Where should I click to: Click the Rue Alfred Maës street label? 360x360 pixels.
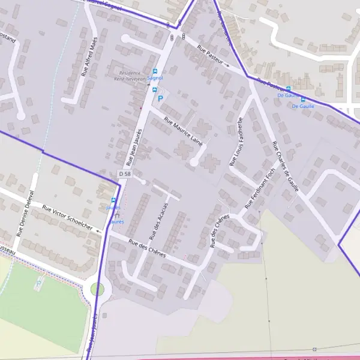pyautogui.click(x=89, y=56)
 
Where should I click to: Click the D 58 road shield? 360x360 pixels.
pyautogui.click(x=124, y=173)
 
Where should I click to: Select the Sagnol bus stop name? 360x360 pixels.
pyautogui.click(x=155, y=77)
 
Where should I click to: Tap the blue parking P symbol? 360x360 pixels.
pyautogui.click(x=160, y=98)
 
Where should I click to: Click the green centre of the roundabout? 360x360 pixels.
pyautogui.click(x=97, y=289)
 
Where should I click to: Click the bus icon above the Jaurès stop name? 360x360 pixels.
pyautogui.click(x=113, y=200)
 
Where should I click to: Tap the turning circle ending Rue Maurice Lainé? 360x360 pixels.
pyautogui.click(x=194, y=161)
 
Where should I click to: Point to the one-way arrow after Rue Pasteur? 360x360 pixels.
pyautogui.click(x=227, y=65)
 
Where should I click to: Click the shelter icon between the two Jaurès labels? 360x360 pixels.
pyautogui.click(x=117, y=215)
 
